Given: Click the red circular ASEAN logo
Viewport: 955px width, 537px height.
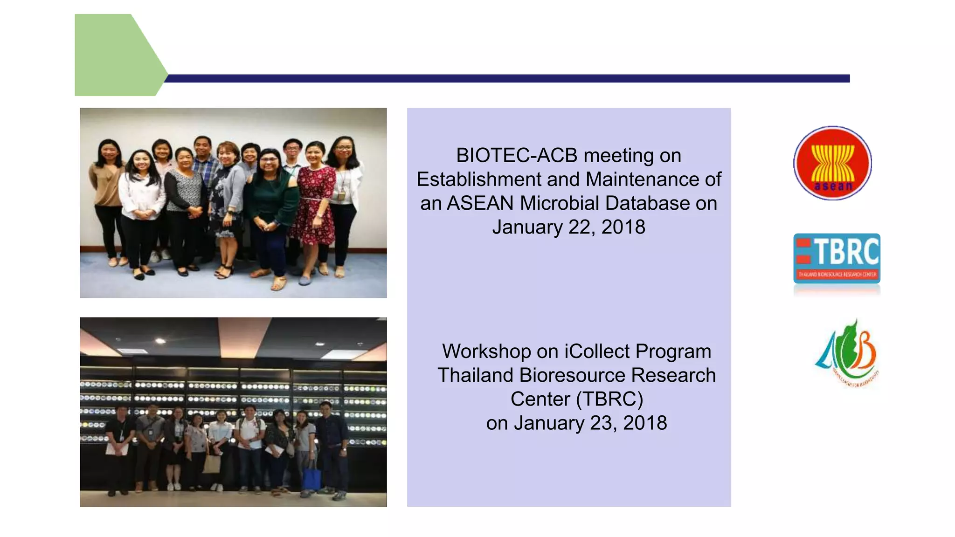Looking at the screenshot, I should coord(832,163).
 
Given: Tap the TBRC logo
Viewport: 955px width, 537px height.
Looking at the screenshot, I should coord(837,259).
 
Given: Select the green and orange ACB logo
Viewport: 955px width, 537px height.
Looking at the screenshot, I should coord(847,354).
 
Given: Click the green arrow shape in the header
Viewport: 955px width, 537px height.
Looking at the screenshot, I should coord(117,55).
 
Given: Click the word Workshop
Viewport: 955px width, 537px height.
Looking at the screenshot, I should coord(486,351).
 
